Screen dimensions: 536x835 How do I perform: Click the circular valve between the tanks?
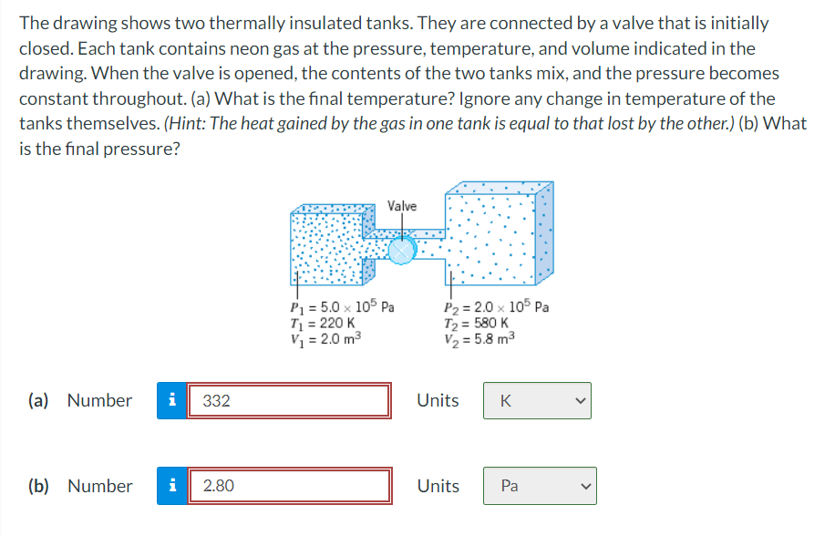tap(401, 249)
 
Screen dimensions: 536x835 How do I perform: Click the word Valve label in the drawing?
tap(402, 206)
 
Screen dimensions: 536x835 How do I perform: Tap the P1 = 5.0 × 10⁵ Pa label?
tap(340, 307)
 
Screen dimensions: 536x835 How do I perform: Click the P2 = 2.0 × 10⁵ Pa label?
tap(497, 307)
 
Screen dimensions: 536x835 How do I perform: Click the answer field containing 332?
tap(289, 400)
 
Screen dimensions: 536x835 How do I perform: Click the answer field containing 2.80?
tap(289, 486)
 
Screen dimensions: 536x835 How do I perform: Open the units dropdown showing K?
tap(537, 400)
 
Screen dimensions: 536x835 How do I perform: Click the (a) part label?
tap(39, 400)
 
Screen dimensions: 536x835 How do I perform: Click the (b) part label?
tap(39, 486)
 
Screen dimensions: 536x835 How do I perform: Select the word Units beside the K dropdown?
tap(438, 400)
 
